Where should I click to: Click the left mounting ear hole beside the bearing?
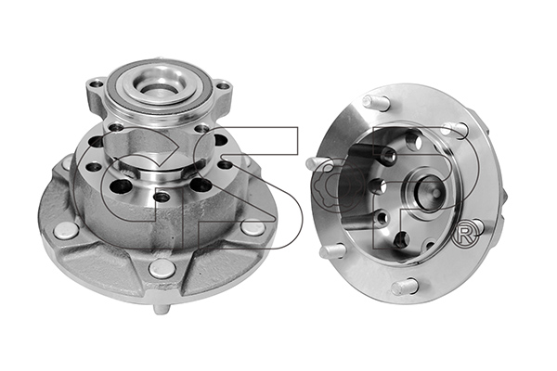click(96, 84)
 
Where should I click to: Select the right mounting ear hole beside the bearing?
click(223, 85)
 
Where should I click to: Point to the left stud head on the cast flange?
click(66, 231)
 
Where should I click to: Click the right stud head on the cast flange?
click(253, 227)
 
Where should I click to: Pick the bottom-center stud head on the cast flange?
click(162, 269)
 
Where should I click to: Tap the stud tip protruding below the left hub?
click(161, 309)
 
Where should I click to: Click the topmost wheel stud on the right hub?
click(376, 103)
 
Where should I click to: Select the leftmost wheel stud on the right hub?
click(318, 163)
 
